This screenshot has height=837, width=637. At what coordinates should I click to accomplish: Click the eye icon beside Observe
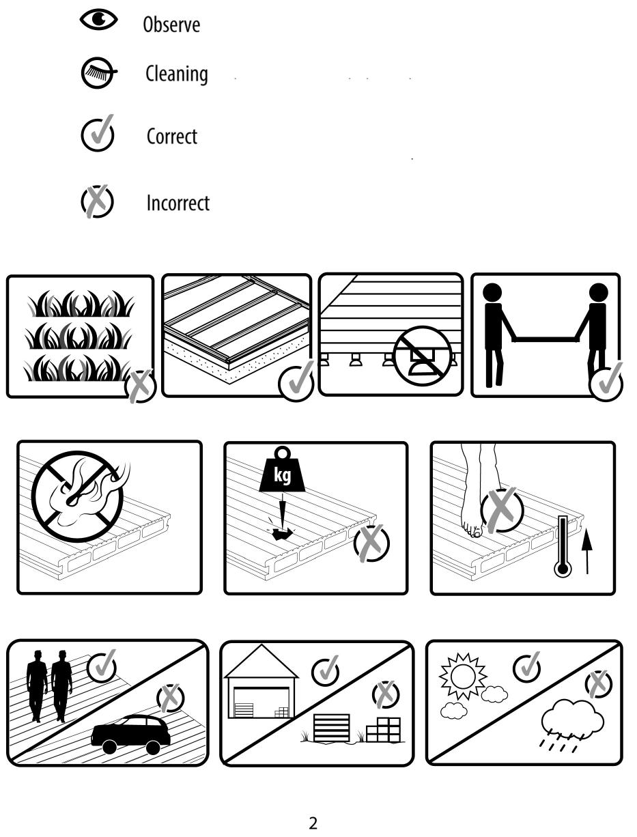(x=98, y=19)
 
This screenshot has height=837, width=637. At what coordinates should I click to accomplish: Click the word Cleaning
(x=177, y=74)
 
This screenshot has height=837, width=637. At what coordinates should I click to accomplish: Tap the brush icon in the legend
(x=98, y=72)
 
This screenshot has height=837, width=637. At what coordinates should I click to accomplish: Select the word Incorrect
(x=178, y=203)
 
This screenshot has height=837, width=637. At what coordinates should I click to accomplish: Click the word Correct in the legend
(x=172, y=137)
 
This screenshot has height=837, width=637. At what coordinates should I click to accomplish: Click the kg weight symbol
(x=282, y=470)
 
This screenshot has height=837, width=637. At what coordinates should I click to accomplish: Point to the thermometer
(x=563, y=545)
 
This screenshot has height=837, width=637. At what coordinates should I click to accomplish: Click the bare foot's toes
(x=472, y=530)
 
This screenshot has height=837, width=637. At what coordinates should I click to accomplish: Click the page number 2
(x=313, y=823)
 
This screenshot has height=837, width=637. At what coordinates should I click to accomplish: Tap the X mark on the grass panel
(x=140, y=386)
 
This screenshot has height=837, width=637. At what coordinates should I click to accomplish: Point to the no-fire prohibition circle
(x=77, y=496)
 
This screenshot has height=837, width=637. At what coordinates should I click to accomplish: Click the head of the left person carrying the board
(x=492, y=293)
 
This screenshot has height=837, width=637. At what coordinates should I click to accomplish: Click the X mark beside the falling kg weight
(x=371, y=543)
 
